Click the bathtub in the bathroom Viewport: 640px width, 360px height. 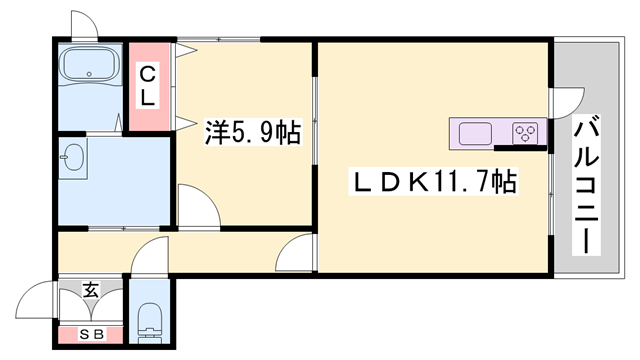91,66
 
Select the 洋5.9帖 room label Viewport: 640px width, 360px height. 252,132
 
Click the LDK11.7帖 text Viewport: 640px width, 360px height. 432,182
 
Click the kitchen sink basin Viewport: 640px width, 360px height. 475,132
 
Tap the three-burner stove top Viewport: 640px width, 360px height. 526,132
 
